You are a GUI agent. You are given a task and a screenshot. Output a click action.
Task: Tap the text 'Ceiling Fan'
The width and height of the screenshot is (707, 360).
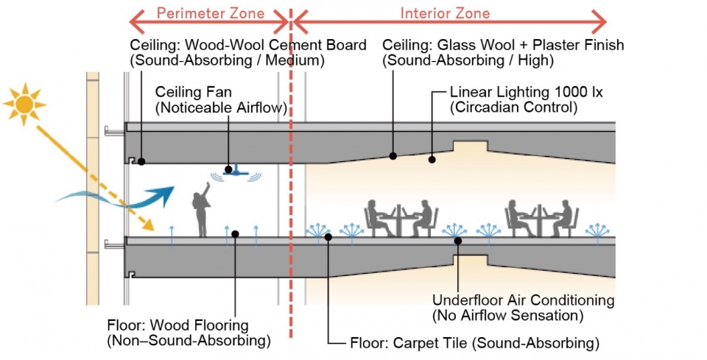pos(189,93)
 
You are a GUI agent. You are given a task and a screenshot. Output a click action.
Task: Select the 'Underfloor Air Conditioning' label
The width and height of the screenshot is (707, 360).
pos(523,300)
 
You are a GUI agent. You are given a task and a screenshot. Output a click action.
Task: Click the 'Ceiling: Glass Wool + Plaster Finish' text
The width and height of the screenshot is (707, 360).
pos(503,45)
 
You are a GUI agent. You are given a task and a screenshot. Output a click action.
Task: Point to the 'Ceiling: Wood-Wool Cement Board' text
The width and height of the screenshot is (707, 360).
pos(247,45)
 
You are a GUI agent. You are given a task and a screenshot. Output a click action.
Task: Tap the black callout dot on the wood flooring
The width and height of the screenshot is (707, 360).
pos(235,234)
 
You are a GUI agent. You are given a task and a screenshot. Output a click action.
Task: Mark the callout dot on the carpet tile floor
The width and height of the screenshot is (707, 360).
pos(328,236)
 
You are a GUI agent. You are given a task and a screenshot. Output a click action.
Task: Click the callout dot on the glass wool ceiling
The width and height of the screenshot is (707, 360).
pos(393,155)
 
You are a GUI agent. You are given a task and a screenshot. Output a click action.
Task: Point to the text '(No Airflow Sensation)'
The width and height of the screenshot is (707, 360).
pos(508,316)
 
